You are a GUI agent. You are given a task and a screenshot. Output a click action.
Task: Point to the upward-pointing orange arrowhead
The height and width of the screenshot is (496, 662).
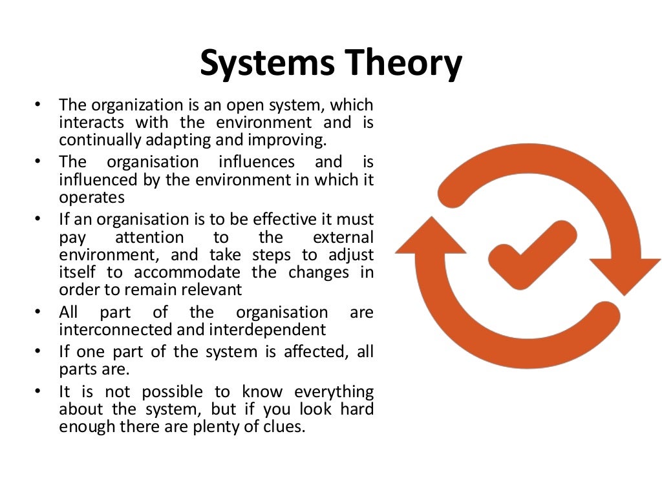430,236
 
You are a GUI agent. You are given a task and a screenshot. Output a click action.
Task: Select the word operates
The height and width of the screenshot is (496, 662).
92,197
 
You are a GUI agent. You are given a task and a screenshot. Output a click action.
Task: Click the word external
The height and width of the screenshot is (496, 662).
343,237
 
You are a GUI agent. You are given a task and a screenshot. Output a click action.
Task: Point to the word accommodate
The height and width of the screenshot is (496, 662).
187,272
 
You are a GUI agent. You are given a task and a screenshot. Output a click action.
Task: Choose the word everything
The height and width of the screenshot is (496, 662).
334,391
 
